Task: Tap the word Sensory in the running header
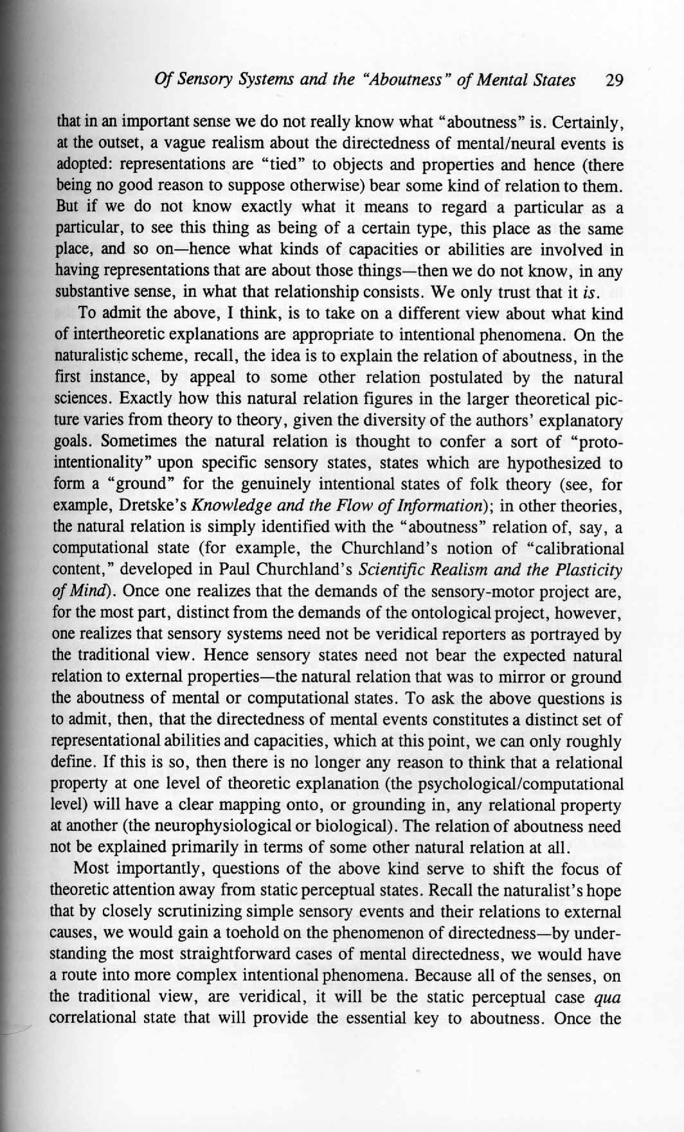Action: click(203, 80)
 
